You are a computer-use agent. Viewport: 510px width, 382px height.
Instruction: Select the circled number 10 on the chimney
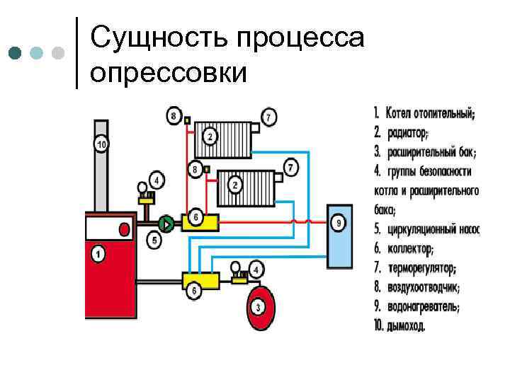tap(102, 145)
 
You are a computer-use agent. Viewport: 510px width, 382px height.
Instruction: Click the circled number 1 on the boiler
tap(98, 253)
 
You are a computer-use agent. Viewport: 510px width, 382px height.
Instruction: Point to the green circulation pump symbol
tap(165, 224)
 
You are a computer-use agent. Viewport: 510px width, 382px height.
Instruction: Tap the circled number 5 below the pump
tap(155, 241)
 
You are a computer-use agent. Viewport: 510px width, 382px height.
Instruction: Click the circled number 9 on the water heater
tap(339, 224)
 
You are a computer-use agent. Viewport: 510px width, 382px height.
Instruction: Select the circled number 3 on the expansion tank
tap(259, 306)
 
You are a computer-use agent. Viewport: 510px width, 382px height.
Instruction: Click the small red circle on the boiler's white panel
tap(125, 229)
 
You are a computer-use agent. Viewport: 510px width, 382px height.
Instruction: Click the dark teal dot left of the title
tap(15, 53)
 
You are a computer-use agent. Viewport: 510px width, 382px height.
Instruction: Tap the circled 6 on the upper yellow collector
tap(196, 216)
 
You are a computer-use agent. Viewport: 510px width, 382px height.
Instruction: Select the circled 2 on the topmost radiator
tap(210, 134)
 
